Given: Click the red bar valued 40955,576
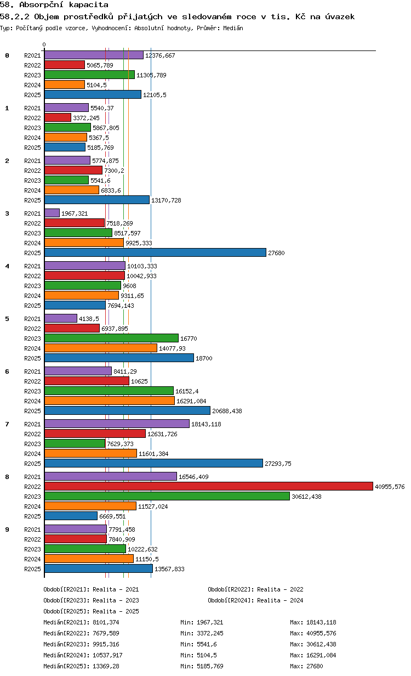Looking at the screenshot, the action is [x=208, y=486].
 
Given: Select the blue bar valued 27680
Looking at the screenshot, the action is [x=155, y=252].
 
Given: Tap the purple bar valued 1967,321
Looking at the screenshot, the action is [x=52, y=213].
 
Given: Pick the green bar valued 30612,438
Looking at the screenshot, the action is [x=167, y=496].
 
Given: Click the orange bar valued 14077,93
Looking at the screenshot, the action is [x=101, y=348].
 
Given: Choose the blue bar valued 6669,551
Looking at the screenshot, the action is [x=71, y=516].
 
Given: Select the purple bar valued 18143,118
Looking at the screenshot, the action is [x=117, y=424].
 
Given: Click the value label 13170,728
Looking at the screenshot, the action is [x=166, y=200].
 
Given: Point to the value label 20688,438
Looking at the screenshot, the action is [x=227, y=411].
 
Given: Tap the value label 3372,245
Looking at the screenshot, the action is [x=86, y=118].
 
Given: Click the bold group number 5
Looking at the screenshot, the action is [x=7, y=319].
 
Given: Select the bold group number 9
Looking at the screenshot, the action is [x=7, y=529].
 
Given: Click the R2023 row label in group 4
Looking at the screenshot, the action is [x=32, y=286].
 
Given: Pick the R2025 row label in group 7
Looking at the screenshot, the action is [x=32, y=464].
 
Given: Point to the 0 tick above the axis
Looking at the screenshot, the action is [x=44, y=44].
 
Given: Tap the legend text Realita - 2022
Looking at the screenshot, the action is [x=280, y=589].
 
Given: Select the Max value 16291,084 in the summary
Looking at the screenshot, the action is [x=321, y=655].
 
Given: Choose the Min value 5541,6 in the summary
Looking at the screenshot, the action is [x=207, y=644].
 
